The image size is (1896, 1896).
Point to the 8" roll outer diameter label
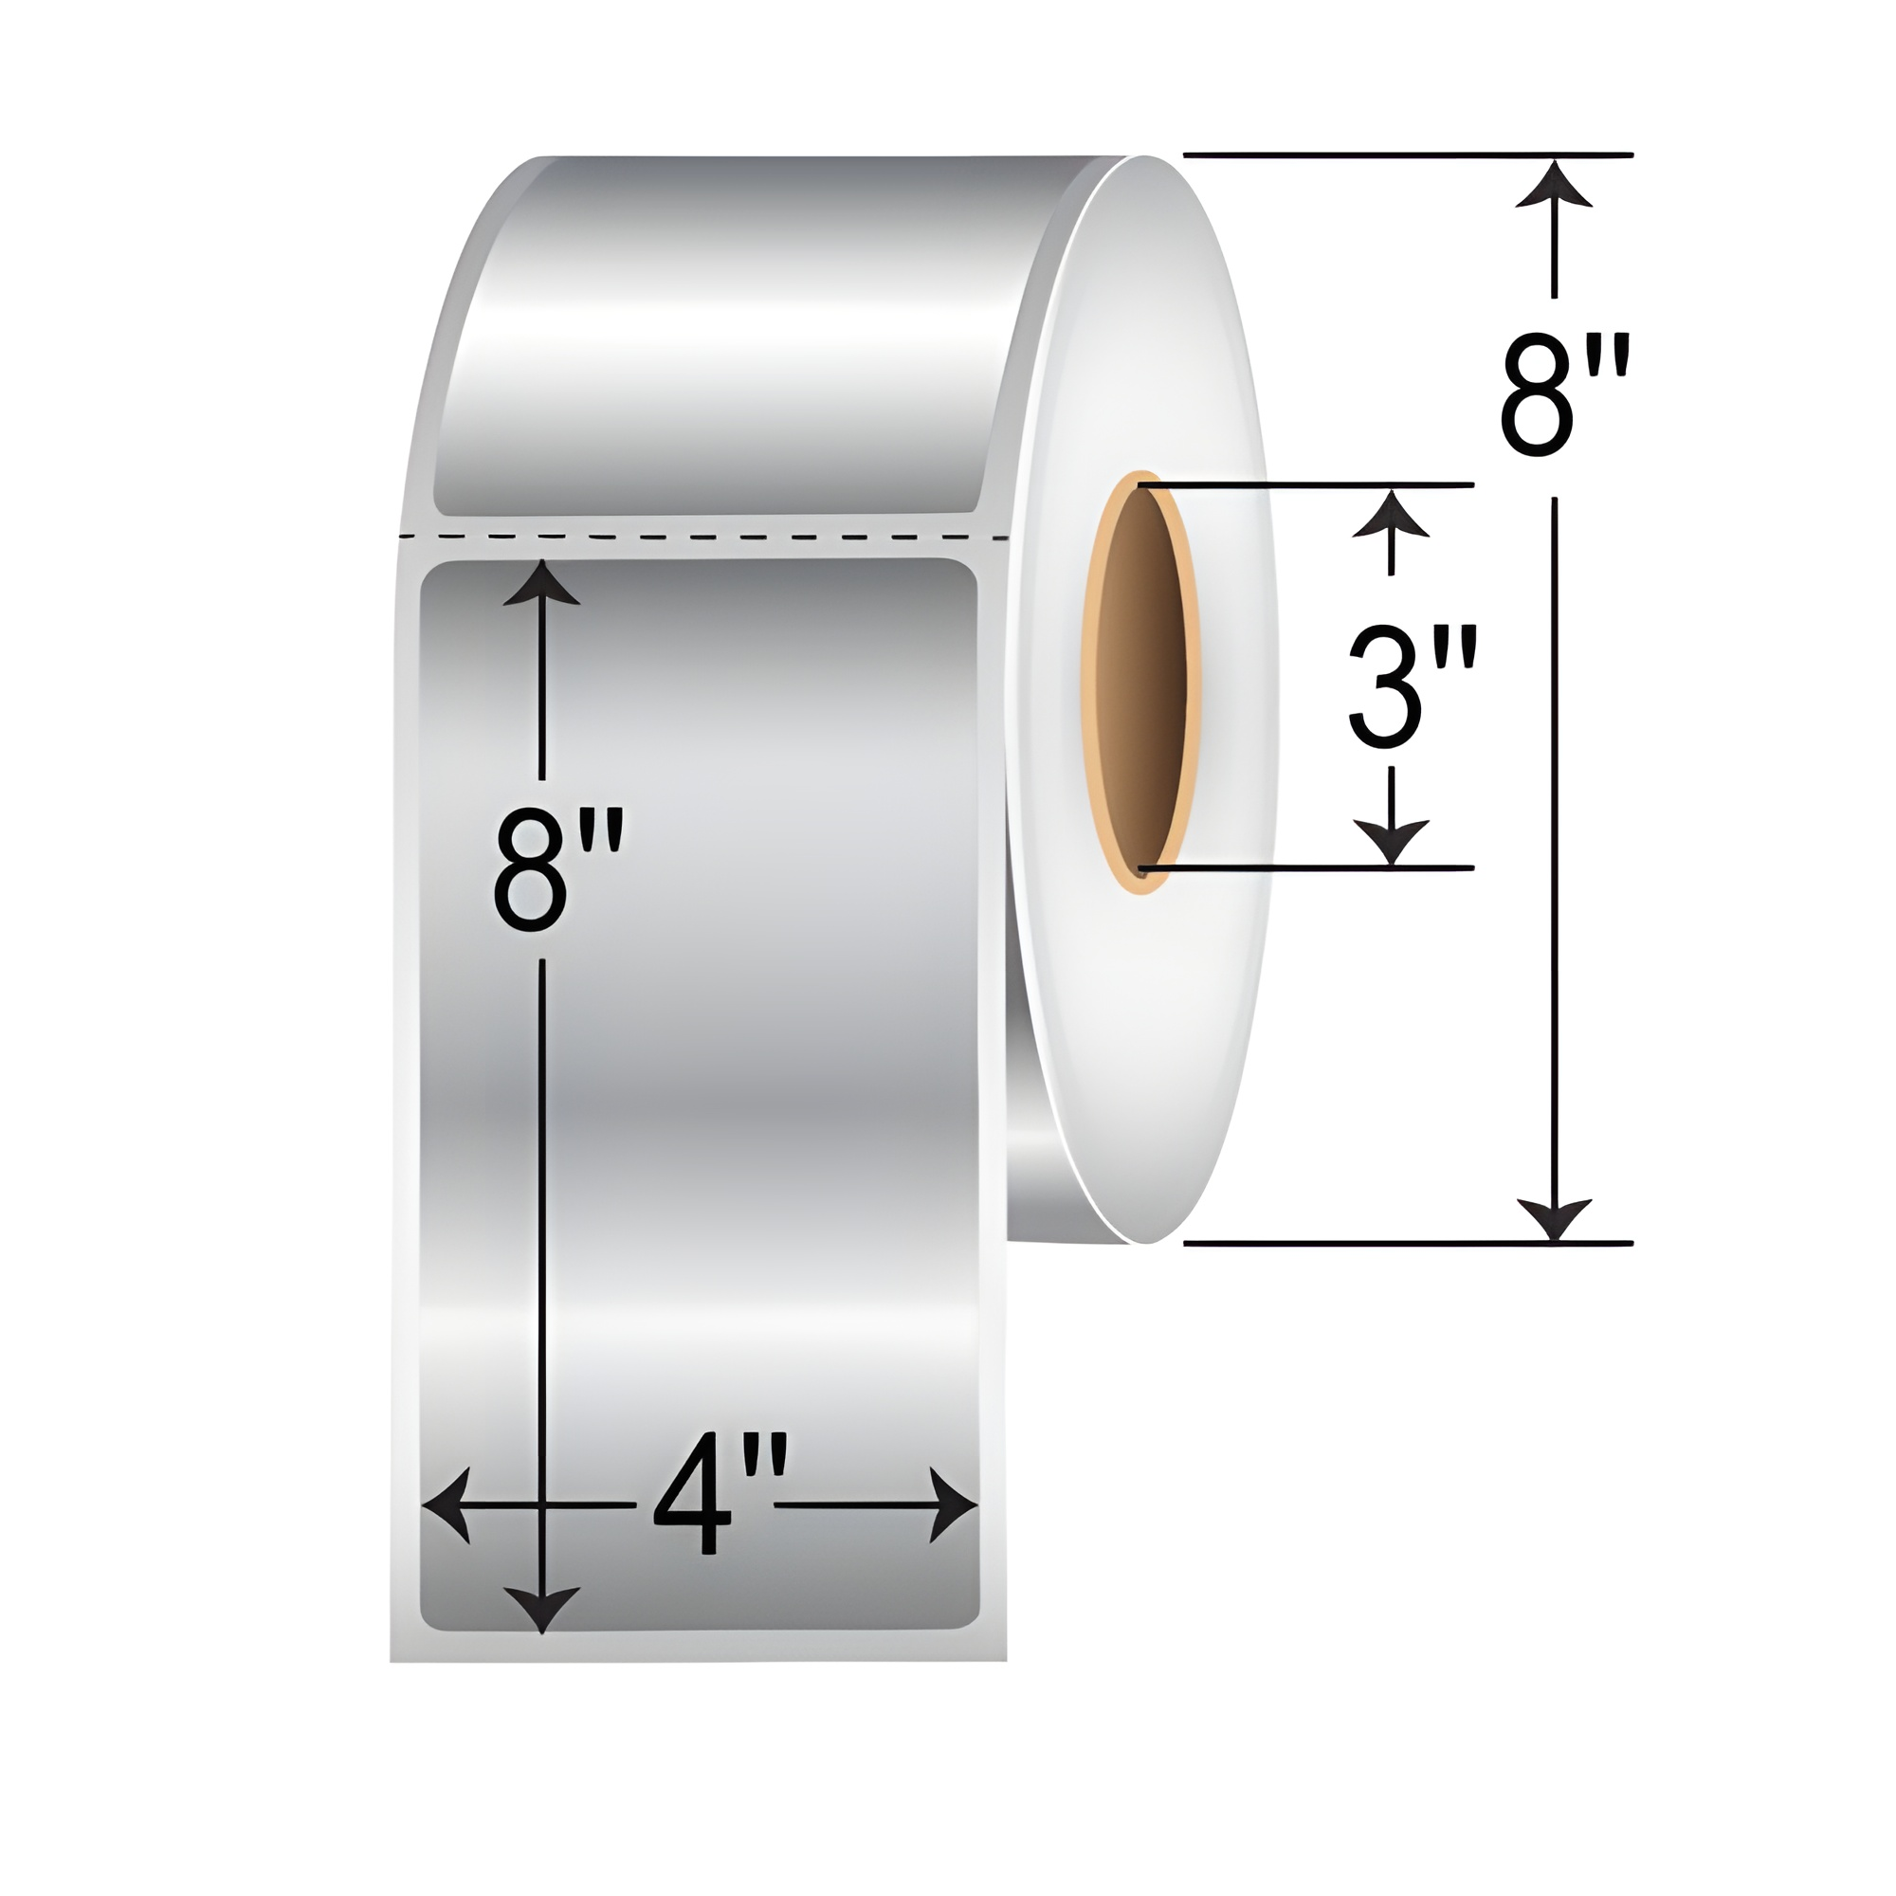[x=1564, y=394]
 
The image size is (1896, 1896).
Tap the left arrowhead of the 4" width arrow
[x=444, y=1504]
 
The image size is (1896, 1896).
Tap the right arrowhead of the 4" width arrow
[x=957, y=1504]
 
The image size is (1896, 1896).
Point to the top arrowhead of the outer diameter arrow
[x=1554, y=184]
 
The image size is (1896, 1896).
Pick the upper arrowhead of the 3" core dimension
[x=1391, y=512]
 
